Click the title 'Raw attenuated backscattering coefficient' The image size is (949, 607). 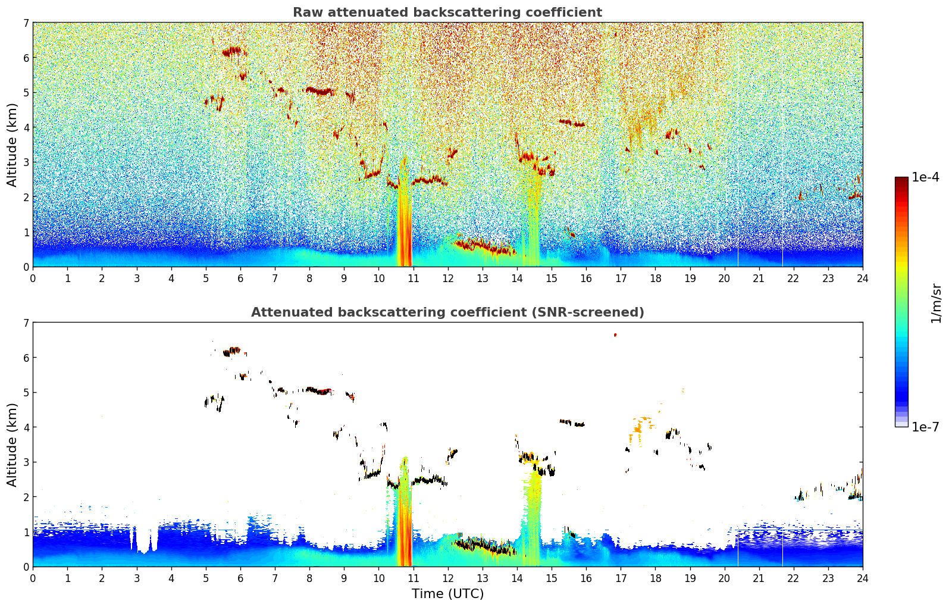(447, 12)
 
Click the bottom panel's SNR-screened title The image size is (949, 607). (447, 312)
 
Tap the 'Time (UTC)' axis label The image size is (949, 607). (447, 593)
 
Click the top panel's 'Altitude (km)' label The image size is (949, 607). (12, 145)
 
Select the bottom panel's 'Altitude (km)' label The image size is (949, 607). (12, 445)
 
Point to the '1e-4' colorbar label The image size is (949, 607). (925, 177)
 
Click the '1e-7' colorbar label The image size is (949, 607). (925, 427)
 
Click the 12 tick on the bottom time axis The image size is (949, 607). (448, 578)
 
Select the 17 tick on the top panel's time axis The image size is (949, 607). (621, 279)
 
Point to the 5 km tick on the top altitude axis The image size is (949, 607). (26, 92)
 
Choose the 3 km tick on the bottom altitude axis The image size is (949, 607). (26, 462)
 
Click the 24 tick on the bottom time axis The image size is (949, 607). (863, 578)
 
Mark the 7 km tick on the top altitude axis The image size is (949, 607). (26, 23)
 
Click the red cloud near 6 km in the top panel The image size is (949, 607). (232, 51)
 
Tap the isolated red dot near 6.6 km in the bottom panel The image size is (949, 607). (615, 335)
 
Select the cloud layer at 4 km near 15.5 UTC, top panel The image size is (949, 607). (572, 123)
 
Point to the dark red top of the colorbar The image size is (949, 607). (901, 180)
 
